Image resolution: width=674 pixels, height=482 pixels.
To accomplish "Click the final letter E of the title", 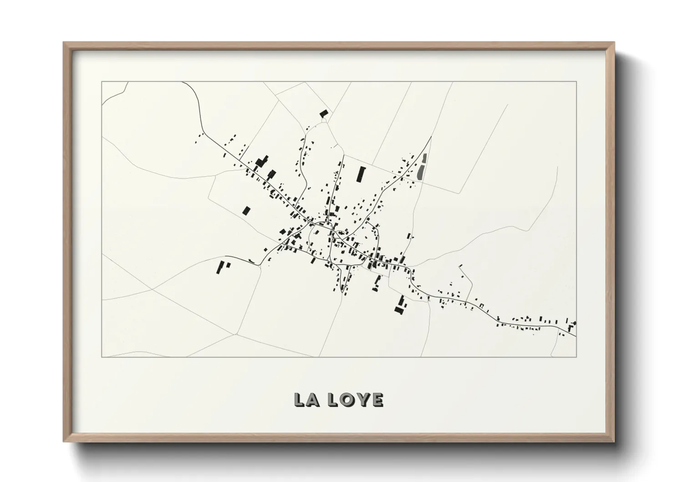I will coord(377,400).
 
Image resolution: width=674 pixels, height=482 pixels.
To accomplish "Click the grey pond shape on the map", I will coord(422,166).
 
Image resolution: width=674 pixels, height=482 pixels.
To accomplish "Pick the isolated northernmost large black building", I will coord(324,113).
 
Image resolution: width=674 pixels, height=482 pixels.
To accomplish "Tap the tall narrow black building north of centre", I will coord(362,174).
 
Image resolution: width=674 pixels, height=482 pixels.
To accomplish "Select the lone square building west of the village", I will coord(246,210).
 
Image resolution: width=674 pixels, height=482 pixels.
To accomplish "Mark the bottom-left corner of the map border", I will coord(102,357).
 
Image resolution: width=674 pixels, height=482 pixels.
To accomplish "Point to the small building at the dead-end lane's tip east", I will coord(461,266).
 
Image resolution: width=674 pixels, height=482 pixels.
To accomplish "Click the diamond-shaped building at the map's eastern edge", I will coord(573,323).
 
